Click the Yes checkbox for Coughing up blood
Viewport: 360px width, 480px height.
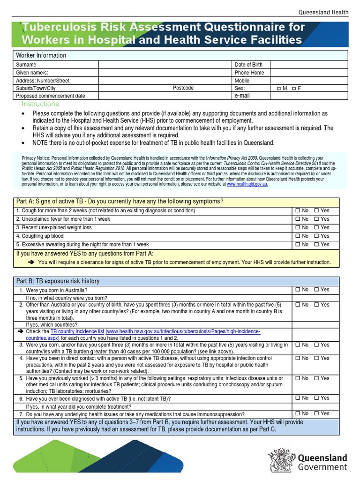(x=316, y=236)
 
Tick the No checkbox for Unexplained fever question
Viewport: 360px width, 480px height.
(x=297, y=219)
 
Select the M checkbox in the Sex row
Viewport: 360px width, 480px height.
(x=279, y=88)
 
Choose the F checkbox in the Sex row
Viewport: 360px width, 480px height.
(x=293, y=88)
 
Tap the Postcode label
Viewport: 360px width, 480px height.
(x=183, y=88)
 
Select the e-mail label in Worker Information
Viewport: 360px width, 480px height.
(x=242, y=96)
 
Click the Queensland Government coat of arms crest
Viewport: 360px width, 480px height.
(x=280, y=461)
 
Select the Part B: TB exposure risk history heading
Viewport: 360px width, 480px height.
(x=58, y=281)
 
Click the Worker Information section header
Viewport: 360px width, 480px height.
(x=41, y=55)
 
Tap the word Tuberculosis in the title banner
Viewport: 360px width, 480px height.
(x=61, y=27)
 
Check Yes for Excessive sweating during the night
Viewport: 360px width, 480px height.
(x=316, y=244)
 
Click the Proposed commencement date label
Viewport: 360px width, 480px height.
(x=51, y=96)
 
